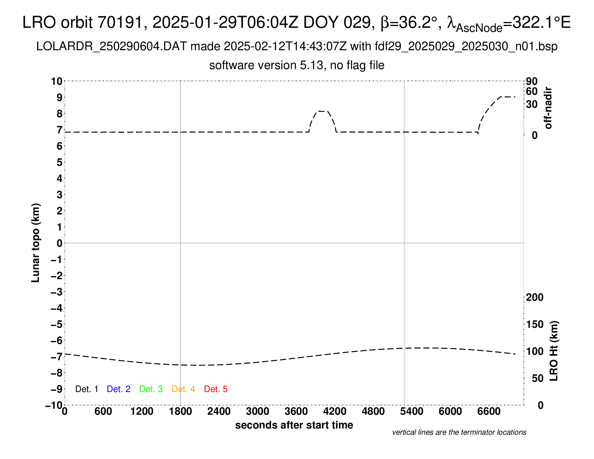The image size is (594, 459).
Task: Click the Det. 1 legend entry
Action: point(86,389)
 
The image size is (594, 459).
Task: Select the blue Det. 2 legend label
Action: point(119,389)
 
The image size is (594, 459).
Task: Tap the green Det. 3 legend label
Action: point(151,389)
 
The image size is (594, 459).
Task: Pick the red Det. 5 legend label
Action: point(216,389)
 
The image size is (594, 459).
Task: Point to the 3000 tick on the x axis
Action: point(258,411)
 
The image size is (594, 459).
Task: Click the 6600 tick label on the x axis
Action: point(489,411)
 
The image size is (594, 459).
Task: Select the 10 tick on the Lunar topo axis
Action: point(57,81)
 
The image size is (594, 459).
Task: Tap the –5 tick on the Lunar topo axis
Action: point(57,324)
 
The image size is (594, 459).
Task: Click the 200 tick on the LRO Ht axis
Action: point(534,297)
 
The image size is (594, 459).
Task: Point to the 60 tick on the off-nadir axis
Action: point(532,91)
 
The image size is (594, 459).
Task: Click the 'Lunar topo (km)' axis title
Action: point(36,243)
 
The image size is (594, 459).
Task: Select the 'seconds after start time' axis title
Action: point(294,425)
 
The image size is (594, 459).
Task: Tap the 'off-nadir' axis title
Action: point(548,108)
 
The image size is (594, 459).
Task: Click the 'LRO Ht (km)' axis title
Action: point(554,351)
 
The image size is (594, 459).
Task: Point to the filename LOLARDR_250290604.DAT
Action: point(112,46)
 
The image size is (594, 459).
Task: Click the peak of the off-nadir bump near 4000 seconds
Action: point(322,111)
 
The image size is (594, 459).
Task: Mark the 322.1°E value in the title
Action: point(542,22)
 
